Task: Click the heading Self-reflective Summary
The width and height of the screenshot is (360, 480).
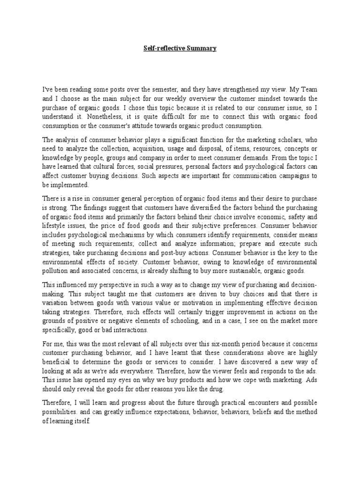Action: (x=180, y=49)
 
